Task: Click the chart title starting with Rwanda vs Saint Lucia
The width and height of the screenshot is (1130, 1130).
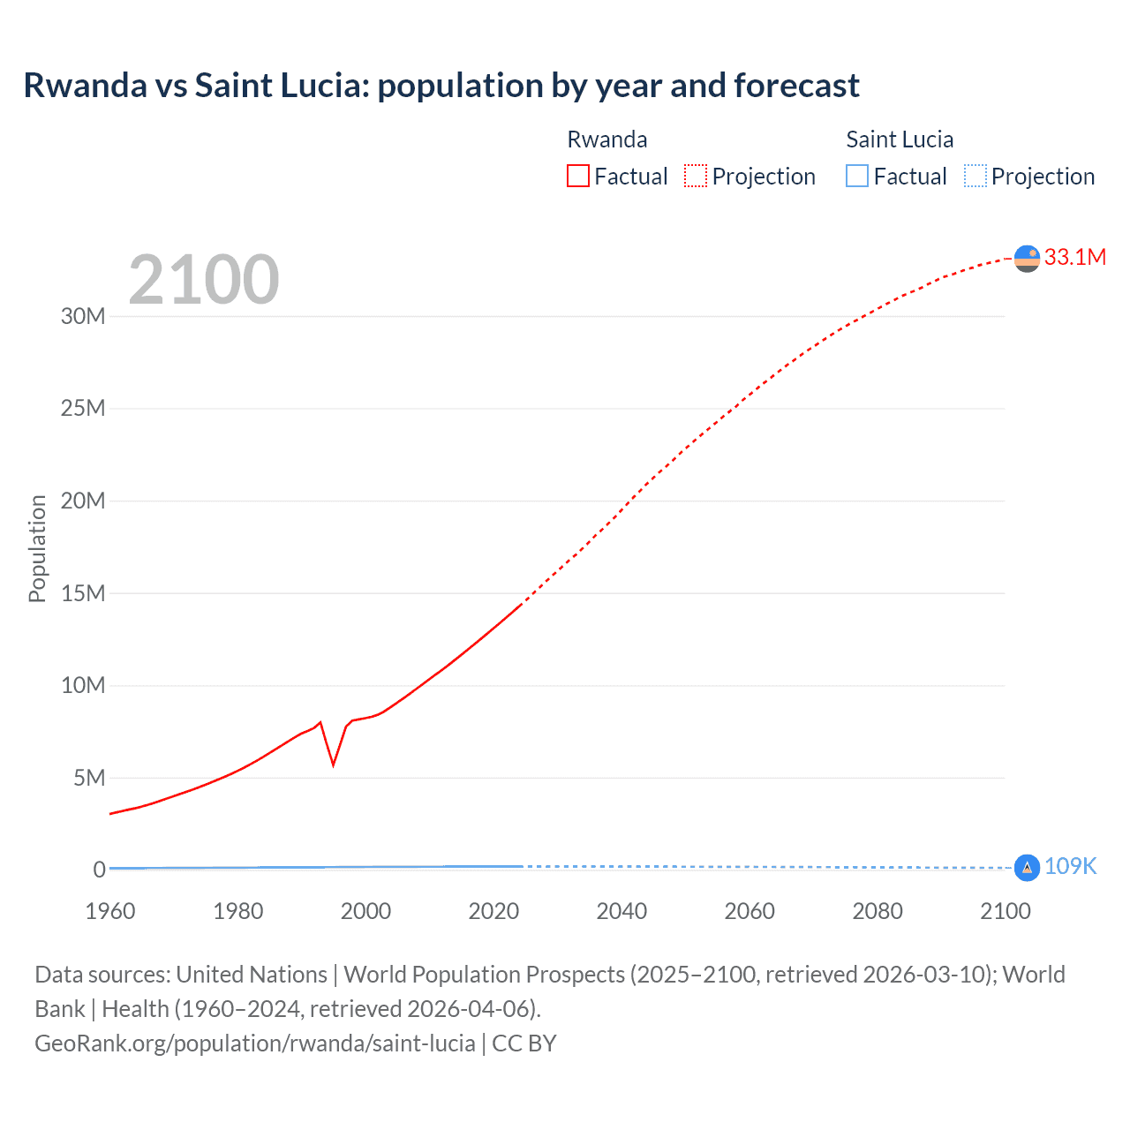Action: click(441, 86)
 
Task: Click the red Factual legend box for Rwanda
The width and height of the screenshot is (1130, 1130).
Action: click(577, 177)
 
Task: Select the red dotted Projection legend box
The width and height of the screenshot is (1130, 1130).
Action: click(696, 177)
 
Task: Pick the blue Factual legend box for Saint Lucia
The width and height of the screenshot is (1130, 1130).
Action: click(856, 177)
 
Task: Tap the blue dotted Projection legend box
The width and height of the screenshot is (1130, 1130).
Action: click(975, 177)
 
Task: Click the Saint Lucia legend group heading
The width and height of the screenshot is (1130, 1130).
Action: click(899, 139)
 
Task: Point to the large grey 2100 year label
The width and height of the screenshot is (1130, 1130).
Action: click(204, 281)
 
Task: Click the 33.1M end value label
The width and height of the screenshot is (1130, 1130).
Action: click(1074, 257)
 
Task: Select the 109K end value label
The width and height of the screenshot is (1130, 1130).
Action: click(1070, 866)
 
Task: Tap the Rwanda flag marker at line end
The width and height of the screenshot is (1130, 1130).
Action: click(1027, 259)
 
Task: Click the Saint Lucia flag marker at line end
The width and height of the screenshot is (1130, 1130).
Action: click(1027, 868)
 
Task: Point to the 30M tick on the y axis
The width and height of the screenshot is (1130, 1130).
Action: click(83, 316)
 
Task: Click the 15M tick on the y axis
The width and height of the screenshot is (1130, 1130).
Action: click(83, 593)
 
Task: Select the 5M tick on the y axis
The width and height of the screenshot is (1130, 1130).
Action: click(89, 778)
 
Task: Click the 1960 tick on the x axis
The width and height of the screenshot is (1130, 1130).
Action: click(110, 911)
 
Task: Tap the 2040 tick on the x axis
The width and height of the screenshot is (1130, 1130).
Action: click(621, 911)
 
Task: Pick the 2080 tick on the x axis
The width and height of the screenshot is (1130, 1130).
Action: click(878, 911)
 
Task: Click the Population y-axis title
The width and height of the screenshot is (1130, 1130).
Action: click(37, 548)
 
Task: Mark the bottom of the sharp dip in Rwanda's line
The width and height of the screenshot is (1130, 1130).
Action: click(333, 765)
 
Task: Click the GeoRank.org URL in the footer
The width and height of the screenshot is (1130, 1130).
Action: click(255, 1043)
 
